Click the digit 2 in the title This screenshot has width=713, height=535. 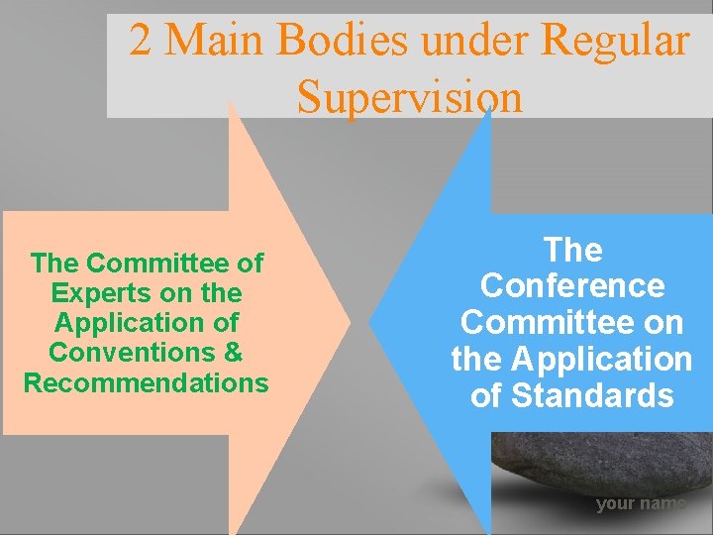(x=141, y=41)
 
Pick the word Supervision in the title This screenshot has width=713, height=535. (x=409, y=96)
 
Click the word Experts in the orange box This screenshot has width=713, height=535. (x=92, y=293)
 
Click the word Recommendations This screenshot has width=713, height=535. (x=147, y=382)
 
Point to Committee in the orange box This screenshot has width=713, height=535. (x=174, y=264)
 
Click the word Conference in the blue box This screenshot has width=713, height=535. (x=572, y=286)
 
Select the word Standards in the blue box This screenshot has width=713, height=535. (x=593, y=395)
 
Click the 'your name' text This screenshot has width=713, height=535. (x=640, y=504)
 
